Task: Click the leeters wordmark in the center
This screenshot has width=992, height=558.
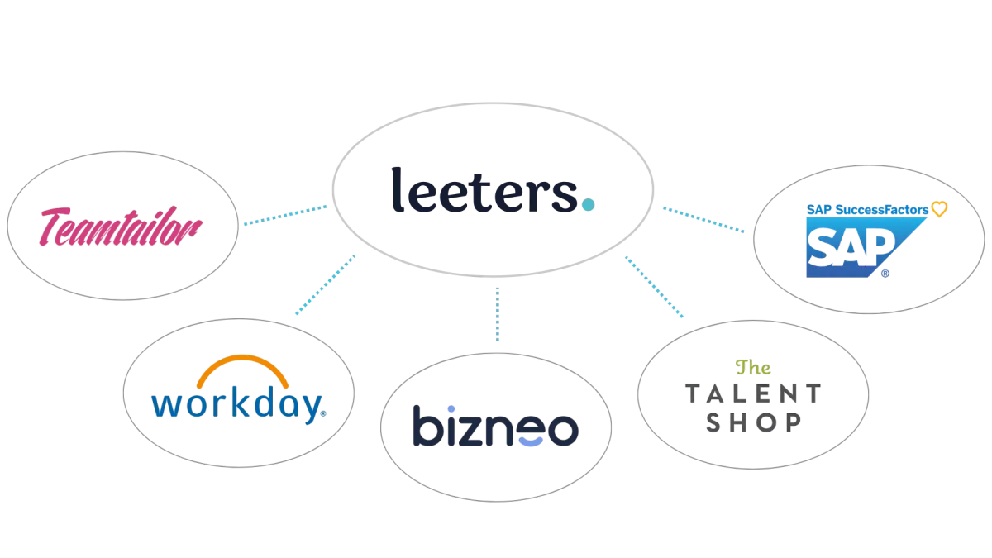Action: [493, 189]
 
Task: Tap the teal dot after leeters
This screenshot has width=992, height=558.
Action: [588, 205]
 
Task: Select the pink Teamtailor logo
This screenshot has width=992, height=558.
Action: [121, 227]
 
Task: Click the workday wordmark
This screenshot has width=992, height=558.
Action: [239, 404]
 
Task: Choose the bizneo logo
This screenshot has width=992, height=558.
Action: [495, 426]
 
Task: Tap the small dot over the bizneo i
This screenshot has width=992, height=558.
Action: [451, 408]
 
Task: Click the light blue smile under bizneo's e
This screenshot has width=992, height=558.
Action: [531, 441]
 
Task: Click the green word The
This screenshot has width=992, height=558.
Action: [753, 367]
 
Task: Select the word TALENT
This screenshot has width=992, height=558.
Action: [753, 393]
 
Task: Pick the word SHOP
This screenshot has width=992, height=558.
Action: [753, 422]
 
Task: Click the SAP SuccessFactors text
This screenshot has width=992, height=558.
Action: [867, 210]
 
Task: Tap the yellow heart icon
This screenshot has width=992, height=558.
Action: [939, 208]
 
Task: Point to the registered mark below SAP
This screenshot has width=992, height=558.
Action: [885, 274]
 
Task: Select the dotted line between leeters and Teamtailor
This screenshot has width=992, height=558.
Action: [286, 215]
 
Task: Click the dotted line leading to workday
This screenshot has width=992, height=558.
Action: [326, 284]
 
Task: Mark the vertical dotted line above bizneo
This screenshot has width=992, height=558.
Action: [498, 314]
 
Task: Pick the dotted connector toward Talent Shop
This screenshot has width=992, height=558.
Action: [654, 287]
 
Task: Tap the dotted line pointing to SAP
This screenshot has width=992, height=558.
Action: [703, 219]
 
